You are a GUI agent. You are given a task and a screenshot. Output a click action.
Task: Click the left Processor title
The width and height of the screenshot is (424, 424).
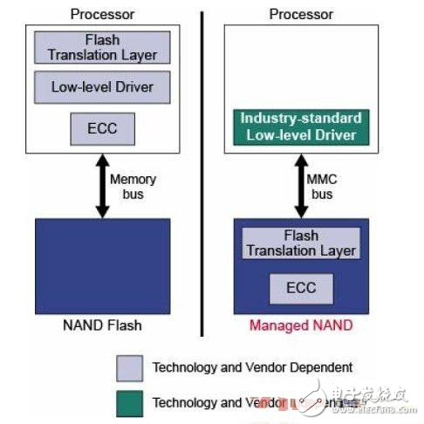[x=101, y=13]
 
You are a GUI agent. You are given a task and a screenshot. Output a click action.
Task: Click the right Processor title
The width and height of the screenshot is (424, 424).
[x=301, y=13]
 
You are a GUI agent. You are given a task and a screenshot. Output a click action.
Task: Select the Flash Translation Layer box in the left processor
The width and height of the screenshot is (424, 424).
[x=102, y=47]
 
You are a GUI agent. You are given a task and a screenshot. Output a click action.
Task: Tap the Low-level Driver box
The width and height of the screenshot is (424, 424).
[x=102, y=87]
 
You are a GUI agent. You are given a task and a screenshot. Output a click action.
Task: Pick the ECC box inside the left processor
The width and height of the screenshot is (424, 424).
[x=102, y=130]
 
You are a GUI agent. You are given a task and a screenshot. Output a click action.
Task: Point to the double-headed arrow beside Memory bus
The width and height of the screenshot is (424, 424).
[x=102, y=185]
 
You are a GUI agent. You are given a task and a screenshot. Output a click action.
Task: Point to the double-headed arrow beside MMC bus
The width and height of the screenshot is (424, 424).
[x=301, y=185]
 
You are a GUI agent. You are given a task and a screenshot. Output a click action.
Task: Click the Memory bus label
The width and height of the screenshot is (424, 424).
[x=132, y=185]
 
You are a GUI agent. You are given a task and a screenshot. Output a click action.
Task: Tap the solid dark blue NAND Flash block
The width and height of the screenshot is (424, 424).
[x=102, y=266]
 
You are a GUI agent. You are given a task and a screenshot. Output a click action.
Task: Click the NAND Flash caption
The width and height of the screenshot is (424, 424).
[x=102, y=326]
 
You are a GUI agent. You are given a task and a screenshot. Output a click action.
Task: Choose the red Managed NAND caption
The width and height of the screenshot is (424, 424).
[x=301, y=326]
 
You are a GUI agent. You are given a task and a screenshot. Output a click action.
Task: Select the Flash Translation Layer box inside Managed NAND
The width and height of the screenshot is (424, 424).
[x=301, y=243]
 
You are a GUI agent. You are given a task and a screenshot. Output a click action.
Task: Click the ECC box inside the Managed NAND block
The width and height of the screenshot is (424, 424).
[x=301, y=288]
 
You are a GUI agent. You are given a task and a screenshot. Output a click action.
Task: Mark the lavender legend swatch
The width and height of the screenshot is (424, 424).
[x=129, y=367]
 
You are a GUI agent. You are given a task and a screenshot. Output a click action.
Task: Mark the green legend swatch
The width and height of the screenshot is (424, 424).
[x=129, y=402]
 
